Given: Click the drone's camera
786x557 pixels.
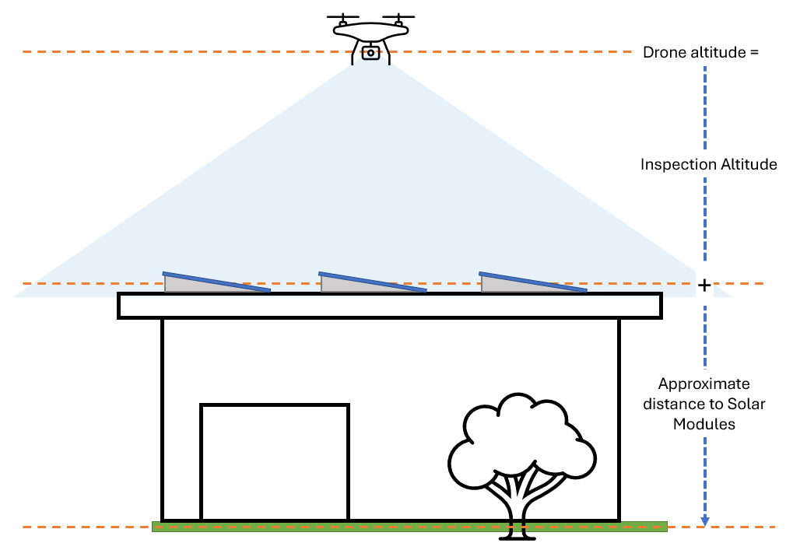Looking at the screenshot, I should point(371,53).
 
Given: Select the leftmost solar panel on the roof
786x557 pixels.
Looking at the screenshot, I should point(216,282).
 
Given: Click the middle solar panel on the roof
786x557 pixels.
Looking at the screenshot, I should point(373,282).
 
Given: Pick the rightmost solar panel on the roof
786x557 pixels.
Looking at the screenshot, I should point(533,282).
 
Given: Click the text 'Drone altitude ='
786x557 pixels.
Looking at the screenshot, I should point(700,53).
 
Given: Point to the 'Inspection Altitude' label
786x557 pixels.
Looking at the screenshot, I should point(708,165).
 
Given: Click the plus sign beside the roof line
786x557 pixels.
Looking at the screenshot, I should point(704,286).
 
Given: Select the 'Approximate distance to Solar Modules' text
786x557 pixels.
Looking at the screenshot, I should point(704,404).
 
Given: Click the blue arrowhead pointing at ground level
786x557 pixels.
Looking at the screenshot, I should point(705,520).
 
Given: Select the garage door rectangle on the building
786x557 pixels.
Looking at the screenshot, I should point(274,462).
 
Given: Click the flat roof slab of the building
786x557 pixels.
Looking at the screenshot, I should point(389,306).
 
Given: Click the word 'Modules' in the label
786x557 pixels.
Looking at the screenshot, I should point(704,425).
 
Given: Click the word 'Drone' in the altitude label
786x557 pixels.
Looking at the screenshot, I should point(662,53).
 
